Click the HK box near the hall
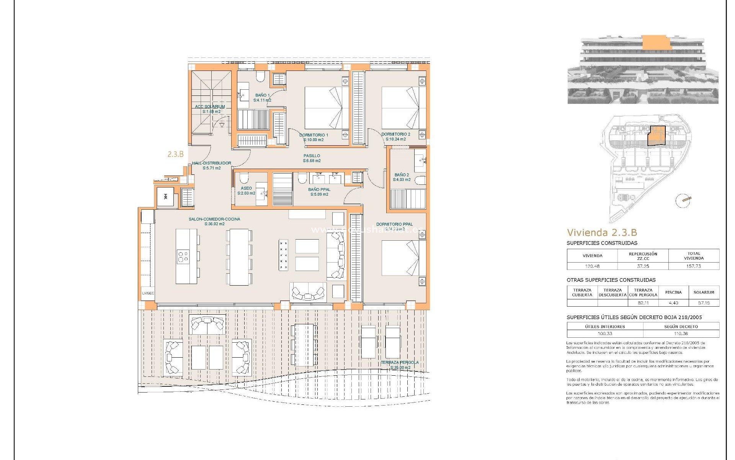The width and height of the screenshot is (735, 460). [x=166, y=197]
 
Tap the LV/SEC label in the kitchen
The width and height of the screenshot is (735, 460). [x=148, y=293]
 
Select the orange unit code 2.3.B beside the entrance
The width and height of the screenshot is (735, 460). [x=175, y=154]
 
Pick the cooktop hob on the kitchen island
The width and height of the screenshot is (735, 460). [x=183, y=256]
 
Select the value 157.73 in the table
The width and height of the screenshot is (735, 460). [x=693, y=266]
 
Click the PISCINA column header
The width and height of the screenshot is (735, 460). [x=673, y=292]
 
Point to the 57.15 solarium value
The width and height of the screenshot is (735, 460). [x=704, y=303]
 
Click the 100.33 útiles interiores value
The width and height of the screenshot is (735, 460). [x=605, y=333]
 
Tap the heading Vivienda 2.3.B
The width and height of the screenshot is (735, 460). [x=601, y=232]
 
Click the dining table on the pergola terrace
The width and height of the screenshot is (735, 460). [x=304, y=345]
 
